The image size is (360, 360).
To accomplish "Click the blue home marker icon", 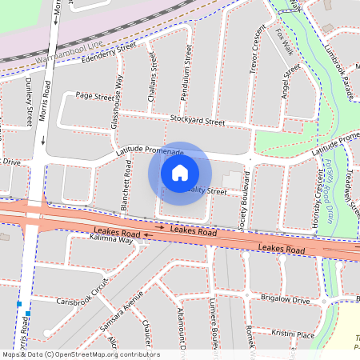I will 180,172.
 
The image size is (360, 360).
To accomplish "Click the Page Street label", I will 94,96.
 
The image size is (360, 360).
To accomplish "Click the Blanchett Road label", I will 126,186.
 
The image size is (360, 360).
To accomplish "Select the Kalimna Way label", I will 110,240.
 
